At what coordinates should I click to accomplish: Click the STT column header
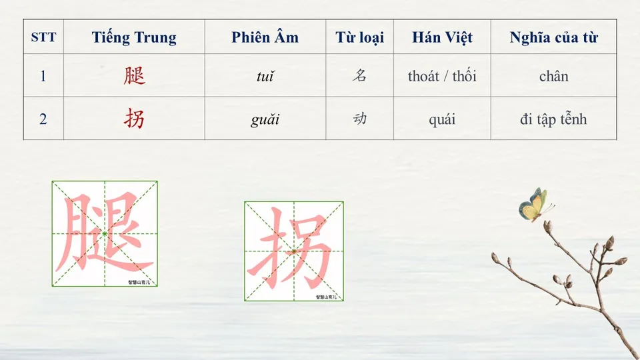(x=43, y=37)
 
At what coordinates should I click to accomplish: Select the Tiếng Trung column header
(x=134, y=37)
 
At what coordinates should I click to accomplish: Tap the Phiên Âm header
(x=265, y=37)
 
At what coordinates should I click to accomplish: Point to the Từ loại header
(x=360, y=37)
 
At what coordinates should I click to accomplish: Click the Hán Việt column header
(x=442, y=37)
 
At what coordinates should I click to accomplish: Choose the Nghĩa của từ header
(x=553, y=37)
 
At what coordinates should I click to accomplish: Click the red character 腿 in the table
(x=134, y=76)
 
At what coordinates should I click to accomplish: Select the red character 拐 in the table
(x=134, y=119)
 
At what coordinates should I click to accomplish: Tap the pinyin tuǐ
(x=265, y=77)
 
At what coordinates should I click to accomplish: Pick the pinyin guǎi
(x=265, y=120)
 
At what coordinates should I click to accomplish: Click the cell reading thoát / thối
(x=442, y=76)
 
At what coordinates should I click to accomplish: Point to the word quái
(x=442, y=120)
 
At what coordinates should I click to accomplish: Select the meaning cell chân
(x=553, y=76)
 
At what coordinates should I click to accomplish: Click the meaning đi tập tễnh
(x=553, y=120)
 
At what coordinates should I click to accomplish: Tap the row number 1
(x=43, y=76)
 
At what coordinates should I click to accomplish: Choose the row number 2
(x=43, y=120)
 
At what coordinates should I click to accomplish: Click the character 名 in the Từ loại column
(x=360, y=75)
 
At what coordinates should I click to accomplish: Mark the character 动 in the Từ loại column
(x=360, y=119)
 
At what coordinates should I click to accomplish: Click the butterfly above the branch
(x=534, y=205)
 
